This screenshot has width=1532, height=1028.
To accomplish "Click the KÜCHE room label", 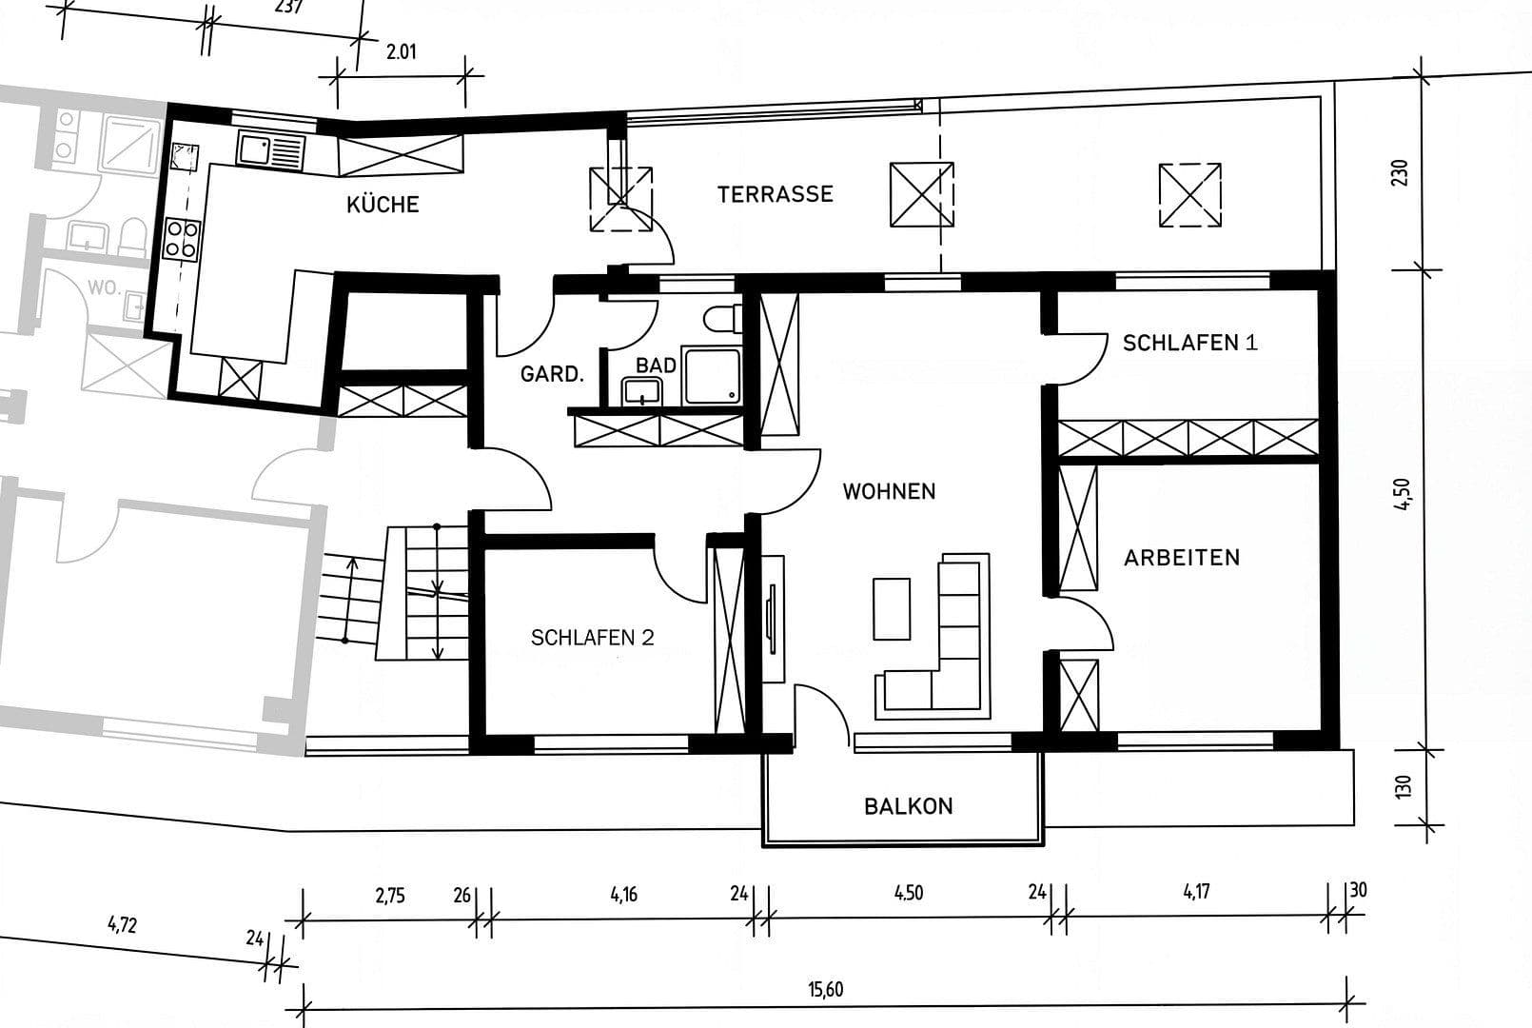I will click(x=383, y=205).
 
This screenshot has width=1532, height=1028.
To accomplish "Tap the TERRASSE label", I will click(x=775, y=194).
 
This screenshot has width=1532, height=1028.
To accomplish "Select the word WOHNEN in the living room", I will click(x=889, y=491).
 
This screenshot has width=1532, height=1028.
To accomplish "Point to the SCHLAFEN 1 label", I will click(x=1189, y=343).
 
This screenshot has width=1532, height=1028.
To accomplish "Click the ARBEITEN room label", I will click(x=1182, y=558).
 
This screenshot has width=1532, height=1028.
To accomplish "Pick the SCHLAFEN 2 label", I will click(x=592, y=638).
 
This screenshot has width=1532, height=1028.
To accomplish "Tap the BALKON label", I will click(x=908, y=806).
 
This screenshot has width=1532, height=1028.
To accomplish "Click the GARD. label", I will click(x=552, y=374).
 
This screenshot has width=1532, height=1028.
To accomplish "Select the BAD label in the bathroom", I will click(x=656, y=366).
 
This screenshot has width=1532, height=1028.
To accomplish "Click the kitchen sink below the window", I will click(x=270, y=151).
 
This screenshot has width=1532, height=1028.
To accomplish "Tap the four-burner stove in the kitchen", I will click(x=183, y=238).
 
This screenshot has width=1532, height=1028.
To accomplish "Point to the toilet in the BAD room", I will click(x=723, y=318).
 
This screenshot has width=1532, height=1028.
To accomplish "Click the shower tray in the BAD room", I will click(x=712, y=377).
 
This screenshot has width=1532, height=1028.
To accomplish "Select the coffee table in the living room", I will click(x=892, y=609).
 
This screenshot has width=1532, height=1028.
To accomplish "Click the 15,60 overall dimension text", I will click(x=825, y=990).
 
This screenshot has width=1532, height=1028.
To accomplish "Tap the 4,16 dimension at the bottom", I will click(x=624, y=894).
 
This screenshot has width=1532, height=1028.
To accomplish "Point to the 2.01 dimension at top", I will click(x=401, y=52).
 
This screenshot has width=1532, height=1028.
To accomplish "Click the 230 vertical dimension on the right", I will click(x=1400, y=174).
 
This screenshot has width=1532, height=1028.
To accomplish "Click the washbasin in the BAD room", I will click(x=642, y=390).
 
